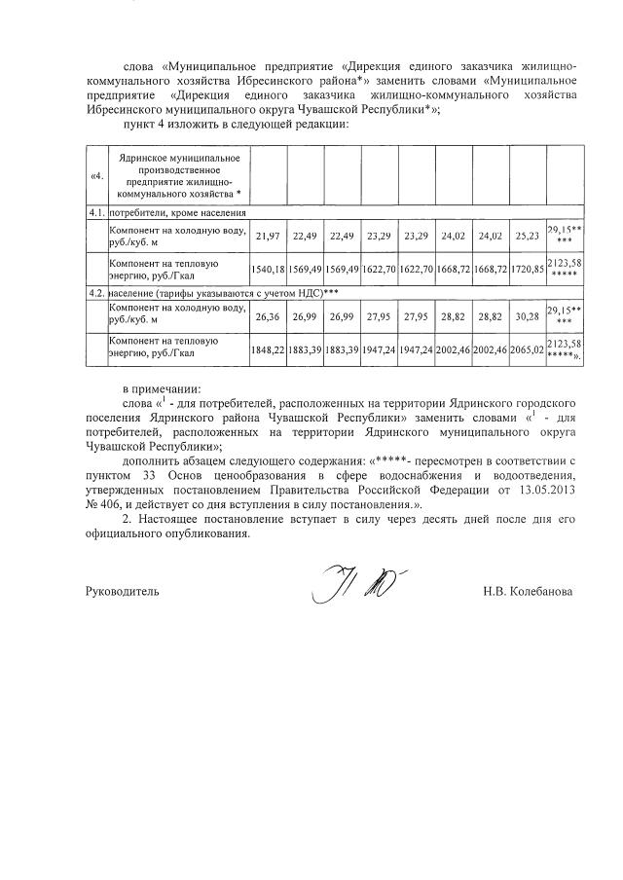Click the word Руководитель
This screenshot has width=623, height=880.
pos(118,591)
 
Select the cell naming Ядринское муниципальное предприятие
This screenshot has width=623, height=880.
pos(179,175)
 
